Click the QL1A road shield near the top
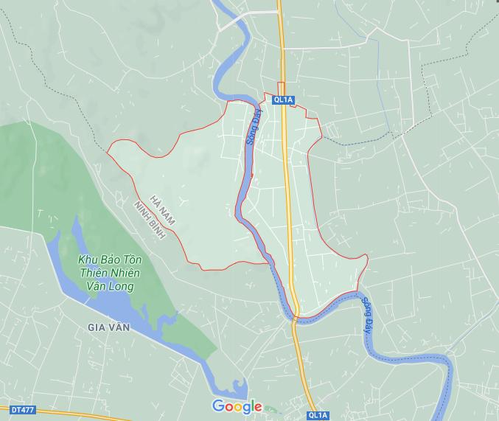click(x=282, y=99)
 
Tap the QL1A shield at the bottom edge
click(x=318, y=415)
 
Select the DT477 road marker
click(x=23, y=408)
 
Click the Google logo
click(x=237, y=406)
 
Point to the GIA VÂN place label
click(x=108, y=327)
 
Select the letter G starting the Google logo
click(x=218, y=406)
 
